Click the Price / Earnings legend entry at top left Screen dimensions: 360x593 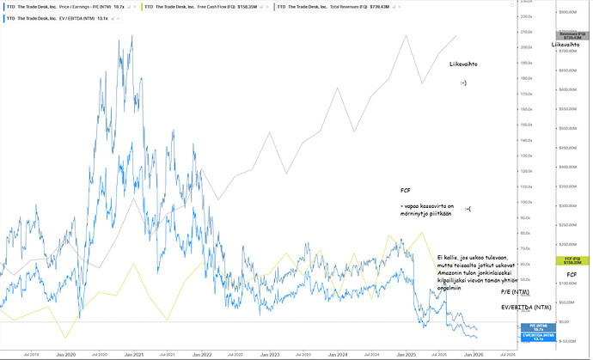tap(69, 5)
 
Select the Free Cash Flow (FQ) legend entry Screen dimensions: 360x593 tap(205, 5)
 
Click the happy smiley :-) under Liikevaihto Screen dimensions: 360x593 tap(464, 83)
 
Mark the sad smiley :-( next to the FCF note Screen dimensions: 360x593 tap(468, 209)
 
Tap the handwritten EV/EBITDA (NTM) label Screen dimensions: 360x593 tap(527, 307)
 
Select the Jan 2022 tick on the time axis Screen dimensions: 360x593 tap(202, 352)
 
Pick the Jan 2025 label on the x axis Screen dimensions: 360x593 tap(407, 352)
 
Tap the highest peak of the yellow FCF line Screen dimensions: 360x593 tap(422, 232)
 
